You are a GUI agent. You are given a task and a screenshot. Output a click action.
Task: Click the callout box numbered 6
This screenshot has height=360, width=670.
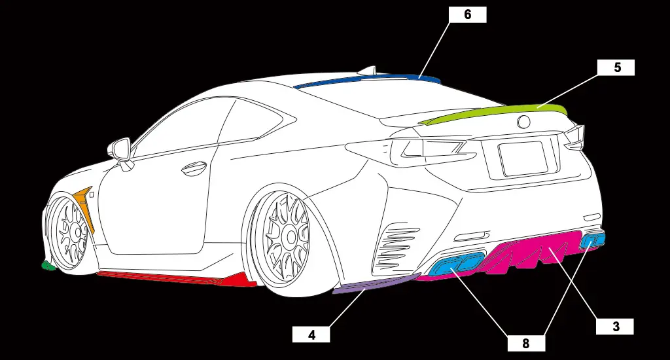pos(467,14)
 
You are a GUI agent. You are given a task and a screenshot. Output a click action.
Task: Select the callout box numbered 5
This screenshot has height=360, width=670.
pos(616,67)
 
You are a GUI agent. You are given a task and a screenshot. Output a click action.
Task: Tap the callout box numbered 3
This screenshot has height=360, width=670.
pos(615,326)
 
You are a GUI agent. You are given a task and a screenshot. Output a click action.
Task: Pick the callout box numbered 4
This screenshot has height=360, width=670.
pos(311,334)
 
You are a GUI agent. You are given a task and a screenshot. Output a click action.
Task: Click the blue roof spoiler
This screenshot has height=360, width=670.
pos(366,81)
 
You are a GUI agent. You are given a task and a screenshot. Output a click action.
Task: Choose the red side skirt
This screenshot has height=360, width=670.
pos(177,277)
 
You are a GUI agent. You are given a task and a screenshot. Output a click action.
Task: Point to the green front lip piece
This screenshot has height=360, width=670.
pos(47,266)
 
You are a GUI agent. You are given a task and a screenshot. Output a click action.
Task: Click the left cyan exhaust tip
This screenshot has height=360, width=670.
pos(458,265)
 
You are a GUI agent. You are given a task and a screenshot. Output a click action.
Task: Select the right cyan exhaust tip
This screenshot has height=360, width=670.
pos(592,240)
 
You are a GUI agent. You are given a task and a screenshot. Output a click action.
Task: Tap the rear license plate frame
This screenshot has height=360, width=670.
pos(523,159)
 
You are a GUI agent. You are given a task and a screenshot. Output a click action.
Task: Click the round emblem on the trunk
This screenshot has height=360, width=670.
pos(525,122)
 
